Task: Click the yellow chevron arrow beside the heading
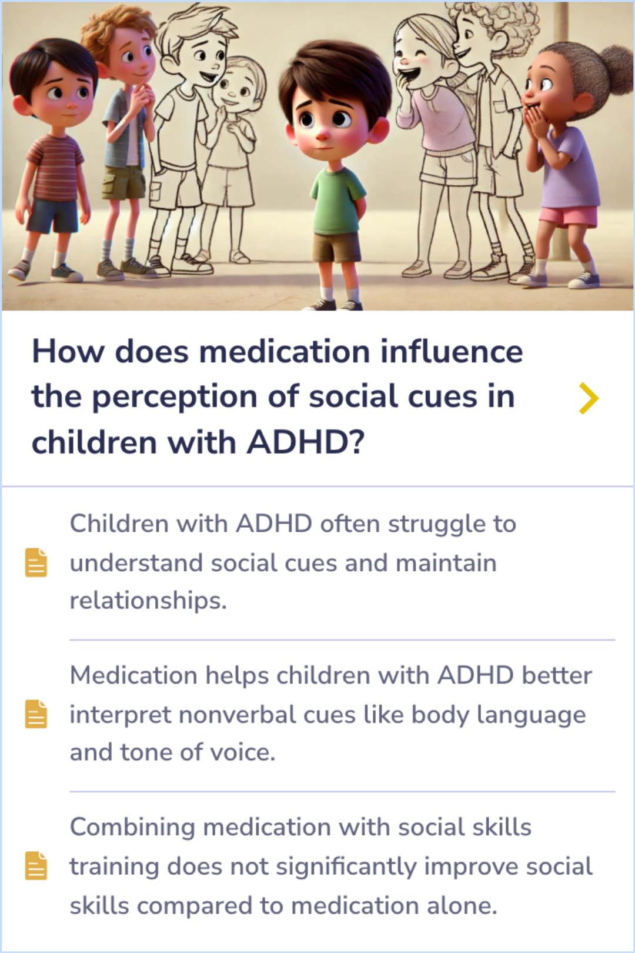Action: coord(589,398)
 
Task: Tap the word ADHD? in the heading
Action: coord(306,442)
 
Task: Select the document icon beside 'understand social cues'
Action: coord(36,562)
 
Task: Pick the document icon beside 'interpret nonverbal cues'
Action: coord(36,714)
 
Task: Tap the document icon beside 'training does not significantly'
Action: coord(36,866)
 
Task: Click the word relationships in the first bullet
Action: coord(148,601)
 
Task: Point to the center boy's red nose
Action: coord(322,136)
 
